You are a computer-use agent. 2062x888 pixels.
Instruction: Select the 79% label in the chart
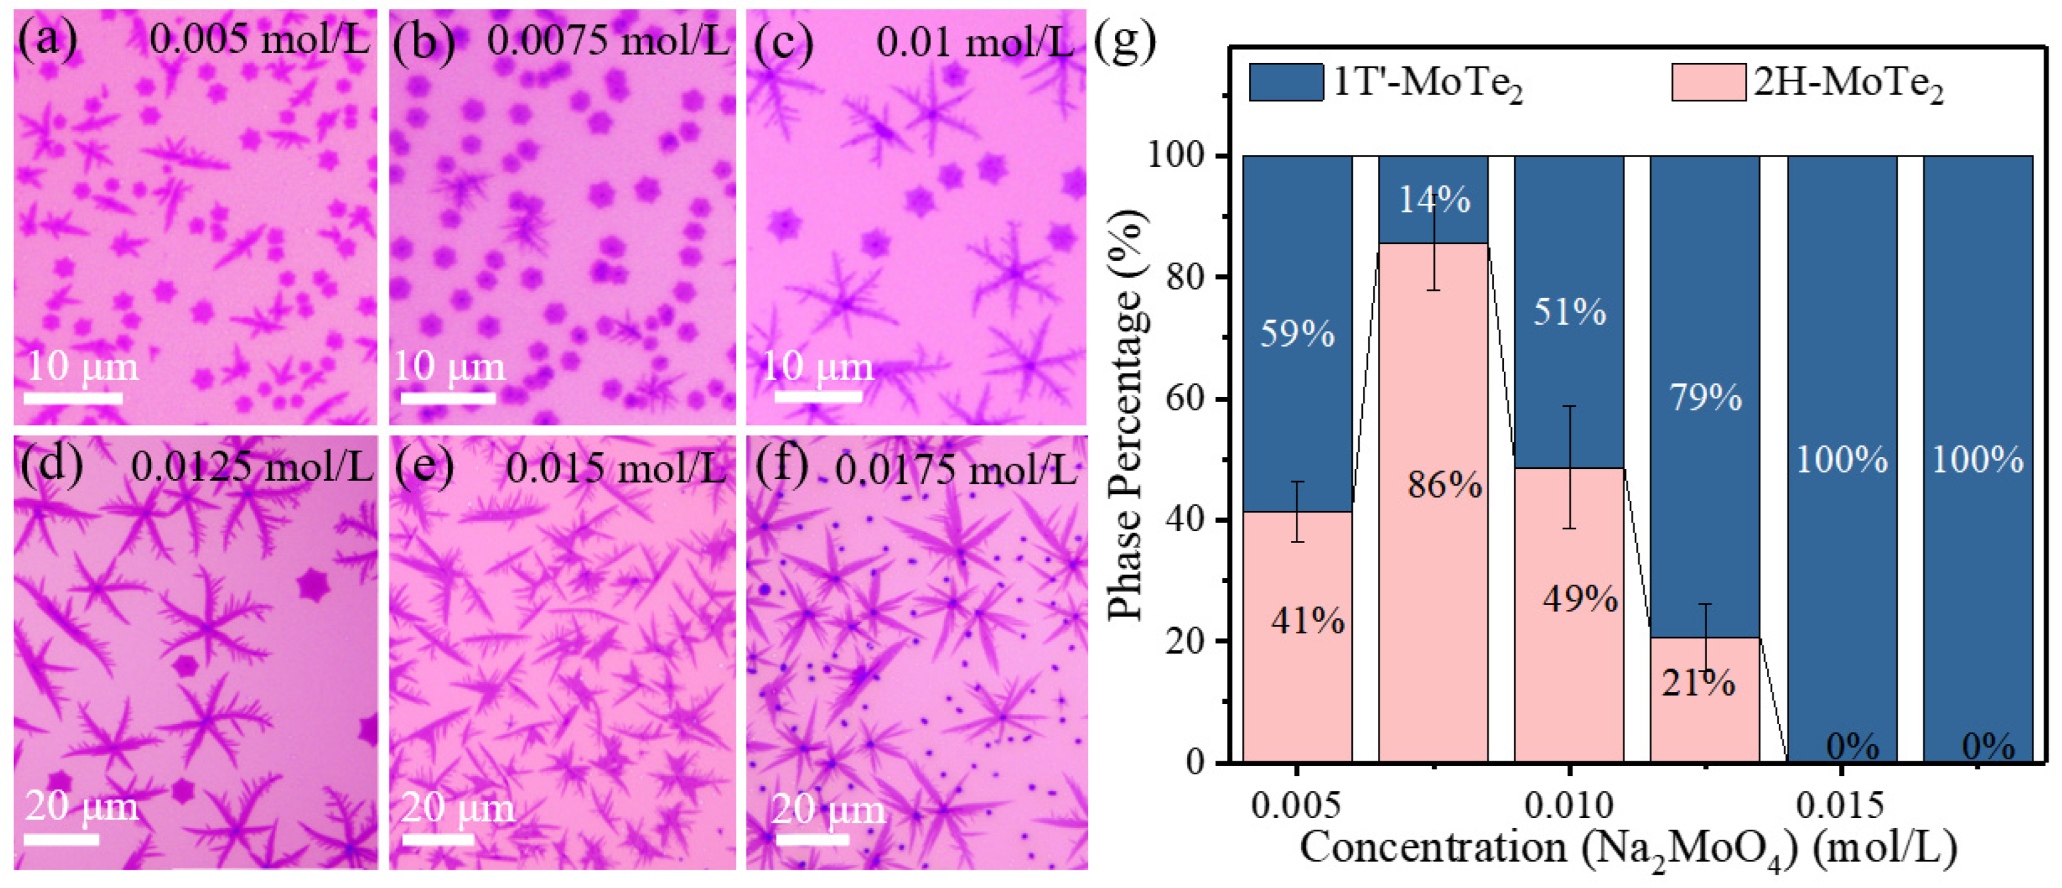pos(1705,398)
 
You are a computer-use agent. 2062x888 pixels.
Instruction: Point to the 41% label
pos(1307,622)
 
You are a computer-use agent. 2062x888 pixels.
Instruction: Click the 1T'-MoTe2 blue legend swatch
pos(1286,82)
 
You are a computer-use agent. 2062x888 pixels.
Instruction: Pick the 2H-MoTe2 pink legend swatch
pos(1708,82)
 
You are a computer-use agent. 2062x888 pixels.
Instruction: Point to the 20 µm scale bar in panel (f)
pos(812,840)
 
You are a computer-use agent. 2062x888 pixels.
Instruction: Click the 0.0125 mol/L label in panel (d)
pos(251,467)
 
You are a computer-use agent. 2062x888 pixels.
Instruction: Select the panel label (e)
pos(424,467)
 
